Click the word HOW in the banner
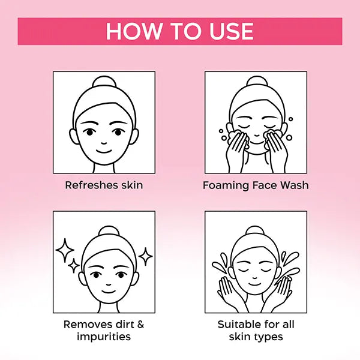click(134, 31)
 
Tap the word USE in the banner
click(232, 31)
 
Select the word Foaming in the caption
click(226, 185)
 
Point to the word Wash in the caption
click(295, 185)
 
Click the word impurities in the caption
click(104, 337)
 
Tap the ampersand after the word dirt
click(140, 325)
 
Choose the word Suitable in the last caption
click(239, 325)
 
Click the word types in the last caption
click(268, 337)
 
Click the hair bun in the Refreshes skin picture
click(104, 82)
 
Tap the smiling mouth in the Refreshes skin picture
click(104, 151)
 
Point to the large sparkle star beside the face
click(65, 250)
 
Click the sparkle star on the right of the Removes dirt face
click(145, 256)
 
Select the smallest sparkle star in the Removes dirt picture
click(74, 266)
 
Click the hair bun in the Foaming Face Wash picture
click(256, 82)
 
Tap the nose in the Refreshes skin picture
click(104, 143)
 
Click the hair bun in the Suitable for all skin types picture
click(254, 231)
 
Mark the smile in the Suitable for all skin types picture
click(254, 284)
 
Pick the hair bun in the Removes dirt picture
click(109, 231)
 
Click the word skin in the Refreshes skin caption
click(132, 185)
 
